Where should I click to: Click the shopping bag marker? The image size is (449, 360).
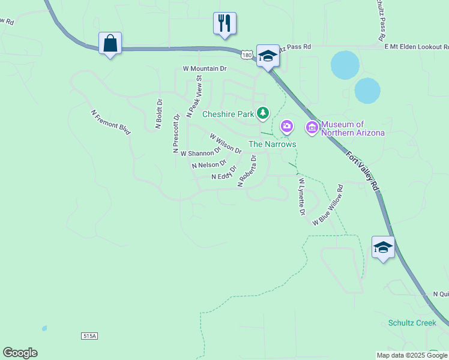110,44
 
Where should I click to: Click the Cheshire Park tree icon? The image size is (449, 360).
262,113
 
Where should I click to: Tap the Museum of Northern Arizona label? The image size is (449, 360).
352,128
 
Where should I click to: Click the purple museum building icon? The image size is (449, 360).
312,127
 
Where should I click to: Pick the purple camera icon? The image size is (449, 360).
287,126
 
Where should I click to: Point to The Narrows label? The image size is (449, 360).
273,145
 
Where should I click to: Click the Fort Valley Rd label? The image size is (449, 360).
364,171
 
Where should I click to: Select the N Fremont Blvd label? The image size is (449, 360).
111,121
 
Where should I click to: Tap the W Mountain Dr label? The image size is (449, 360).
205,69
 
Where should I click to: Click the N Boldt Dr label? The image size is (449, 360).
159,114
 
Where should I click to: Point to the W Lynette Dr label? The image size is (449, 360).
302,197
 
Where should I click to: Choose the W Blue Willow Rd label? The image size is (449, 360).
328,205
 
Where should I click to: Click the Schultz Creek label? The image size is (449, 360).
412,323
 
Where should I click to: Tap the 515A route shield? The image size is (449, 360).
88,335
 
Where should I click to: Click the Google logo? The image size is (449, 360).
20,353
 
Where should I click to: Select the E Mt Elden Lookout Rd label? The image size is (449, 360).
416,46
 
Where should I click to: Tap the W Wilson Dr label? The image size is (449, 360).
225,144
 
